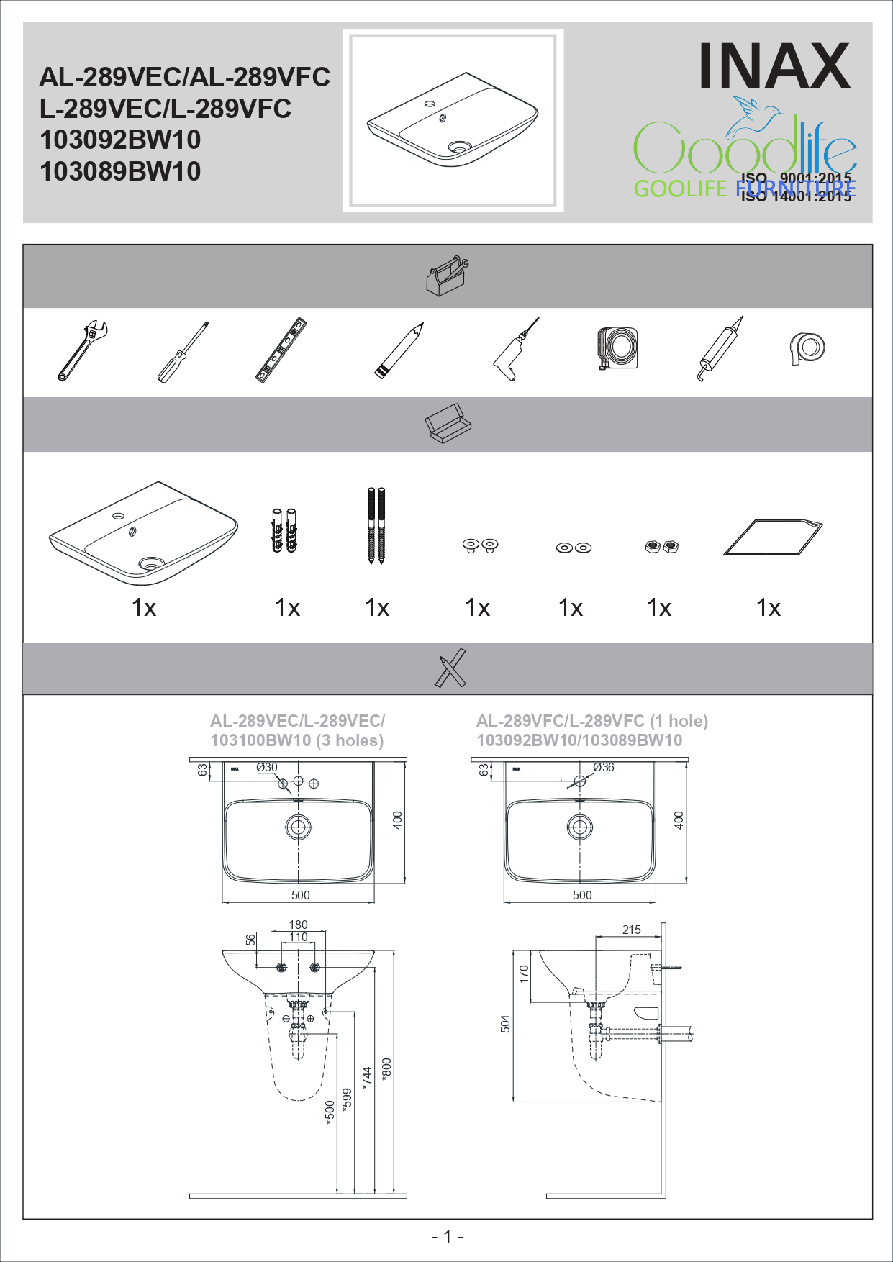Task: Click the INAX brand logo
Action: [774, 66]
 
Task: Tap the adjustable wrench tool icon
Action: [82, 350]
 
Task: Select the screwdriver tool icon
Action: [183, 352]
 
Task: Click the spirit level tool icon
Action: [281, 350]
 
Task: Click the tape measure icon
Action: [617, 348]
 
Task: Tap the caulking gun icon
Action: [720, 349]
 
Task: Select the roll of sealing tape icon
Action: [807, 348]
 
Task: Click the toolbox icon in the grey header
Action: [447, 275]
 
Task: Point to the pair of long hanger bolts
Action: [376, 526]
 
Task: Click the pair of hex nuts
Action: [661, 547]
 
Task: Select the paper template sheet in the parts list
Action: [773, 537]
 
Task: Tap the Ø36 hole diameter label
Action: [603, 768]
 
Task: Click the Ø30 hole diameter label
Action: [266, 768]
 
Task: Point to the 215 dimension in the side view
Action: [631, 930]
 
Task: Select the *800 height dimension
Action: [387, 1068]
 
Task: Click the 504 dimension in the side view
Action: [505, 1024]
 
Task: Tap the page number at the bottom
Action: [447, 1236]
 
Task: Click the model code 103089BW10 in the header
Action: [120, 172]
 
